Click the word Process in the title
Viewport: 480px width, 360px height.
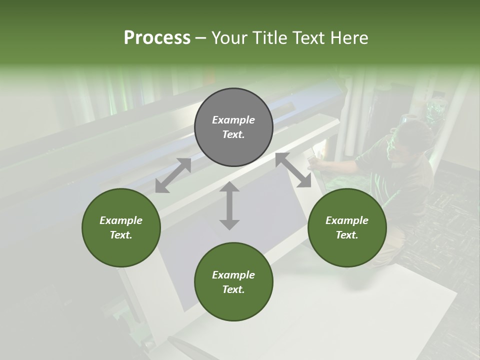[x=157, y=37]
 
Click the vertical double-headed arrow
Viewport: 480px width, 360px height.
[x=229, y=206]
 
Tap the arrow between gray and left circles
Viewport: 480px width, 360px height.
[x=173, y=175]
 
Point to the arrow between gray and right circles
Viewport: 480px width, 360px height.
[x=293, y=170]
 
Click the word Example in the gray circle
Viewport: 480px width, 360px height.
[x=233, y=120]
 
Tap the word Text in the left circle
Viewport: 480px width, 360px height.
[x=121, y=235]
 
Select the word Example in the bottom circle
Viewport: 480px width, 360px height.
[x=233, y=275]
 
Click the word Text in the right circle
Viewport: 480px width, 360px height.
[x=347, y=235]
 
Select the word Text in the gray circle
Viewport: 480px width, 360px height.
[x=233, y=134]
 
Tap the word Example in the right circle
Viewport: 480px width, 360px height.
[x=347, y=220]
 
